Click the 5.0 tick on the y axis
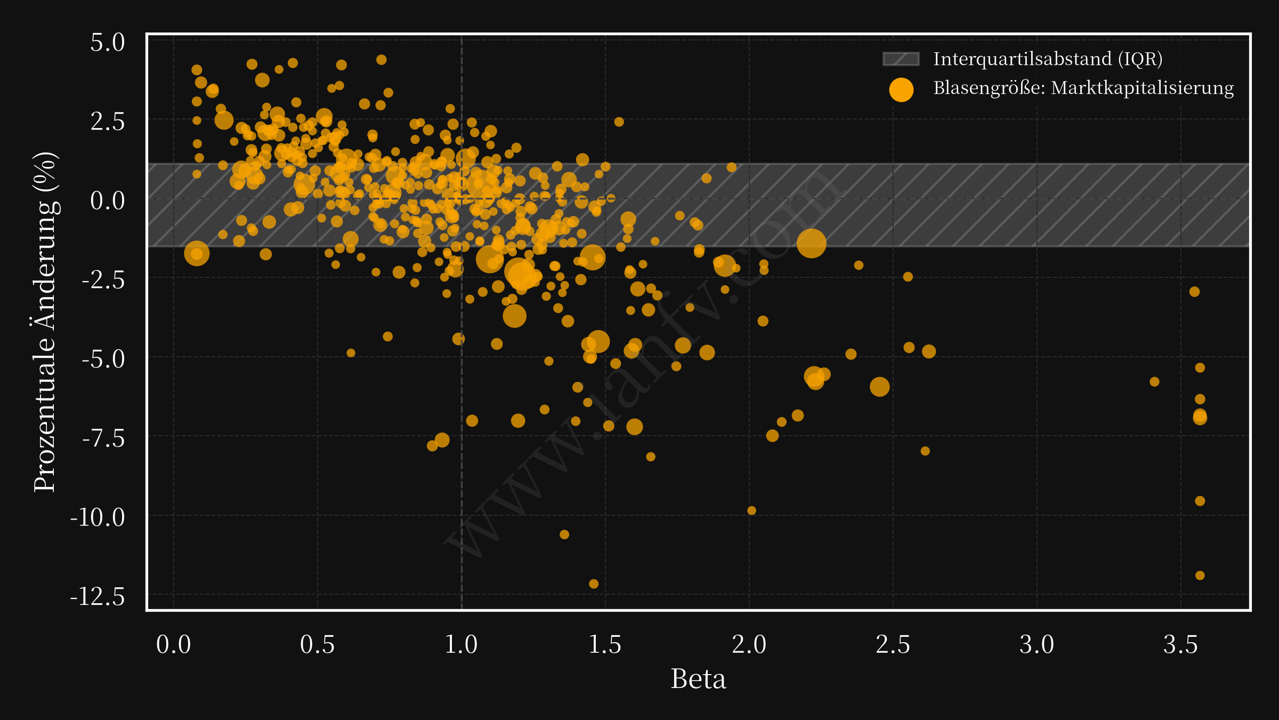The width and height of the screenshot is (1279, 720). (x=108, y=43)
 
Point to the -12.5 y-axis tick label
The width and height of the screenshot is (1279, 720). (x=98, y=596)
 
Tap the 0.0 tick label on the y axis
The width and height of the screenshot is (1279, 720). (x=108, y=201)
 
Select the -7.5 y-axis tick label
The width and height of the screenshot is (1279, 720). (x=103, y=438)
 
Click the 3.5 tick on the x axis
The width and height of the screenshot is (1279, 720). (x=1180, y=644)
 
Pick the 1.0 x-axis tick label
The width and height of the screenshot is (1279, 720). (x=461, y=644)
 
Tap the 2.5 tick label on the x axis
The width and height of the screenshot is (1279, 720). (x=893, y=644)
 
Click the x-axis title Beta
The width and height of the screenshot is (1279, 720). (x=698, y=679)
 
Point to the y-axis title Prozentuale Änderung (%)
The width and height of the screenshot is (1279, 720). (x=45, y=322)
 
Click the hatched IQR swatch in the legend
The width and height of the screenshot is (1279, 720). (x=901, y=59)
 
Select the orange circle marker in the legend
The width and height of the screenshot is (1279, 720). (x=901, y=89)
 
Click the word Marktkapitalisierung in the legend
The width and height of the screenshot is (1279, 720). (x=1142, y=88)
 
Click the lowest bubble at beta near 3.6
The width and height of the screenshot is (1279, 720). (x=1200, y=575)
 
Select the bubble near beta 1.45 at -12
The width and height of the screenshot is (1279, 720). (x=594, y=584)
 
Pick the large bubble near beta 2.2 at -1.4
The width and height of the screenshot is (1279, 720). (x=812, y=243)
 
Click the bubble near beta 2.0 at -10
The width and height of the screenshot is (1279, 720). (x=751, y=510)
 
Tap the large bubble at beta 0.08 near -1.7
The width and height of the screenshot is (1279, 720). (x=197, y=253)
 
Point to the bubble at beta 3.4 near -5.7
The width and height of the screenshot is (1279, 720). (x=1154, y=382)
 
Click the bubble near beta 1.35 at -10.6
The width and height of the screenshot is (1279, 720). (x=564, y=534)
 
